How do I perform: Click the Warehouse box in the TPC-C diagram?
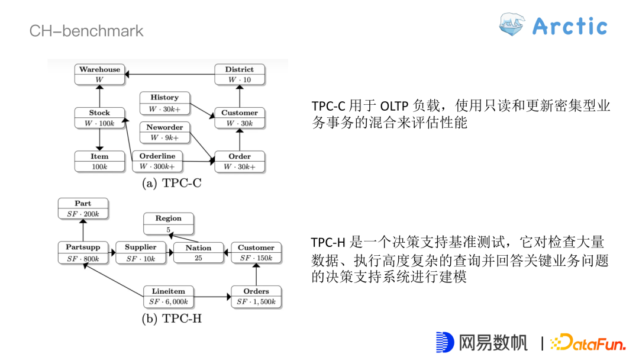click(99, 75)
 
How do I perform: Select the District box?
click(239, 75)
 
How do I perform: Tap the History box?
click(164, 103)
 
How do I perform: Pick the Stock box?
click(99, 118)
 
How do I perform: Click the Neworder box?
click(164, 132)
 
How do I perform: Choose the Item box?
click(99, 161)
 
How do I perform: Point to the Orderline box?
click(157, 161)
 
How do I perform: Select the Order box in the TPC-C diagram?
click(239, 161)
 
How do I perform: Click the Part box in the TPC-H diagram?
click(83, 208)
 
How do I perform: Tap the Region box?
click(169, 223)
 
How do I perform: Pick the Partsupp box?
click(83, 253)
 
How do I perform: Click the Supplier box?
click(140, 253)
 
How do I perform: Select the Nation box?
click(198, 253)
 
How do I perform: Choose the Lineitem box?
click(169, 297)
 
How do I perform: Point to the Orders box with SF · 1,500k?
click(256, 297)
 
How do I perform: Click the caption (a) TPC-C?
click(172, 183)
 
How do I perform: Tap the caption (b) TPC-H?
click(172, 319)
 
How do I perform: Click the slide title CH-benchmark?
click(86, 31)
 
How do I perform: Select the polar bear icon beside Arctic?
click(512, 25)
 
